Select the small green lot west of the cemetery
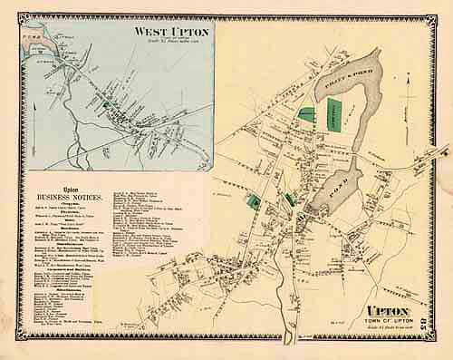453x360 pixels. (307, 116)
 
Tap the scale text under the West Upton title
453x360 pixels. (171, 43)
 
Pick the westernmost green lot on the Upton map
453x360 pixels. (255, 205)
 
